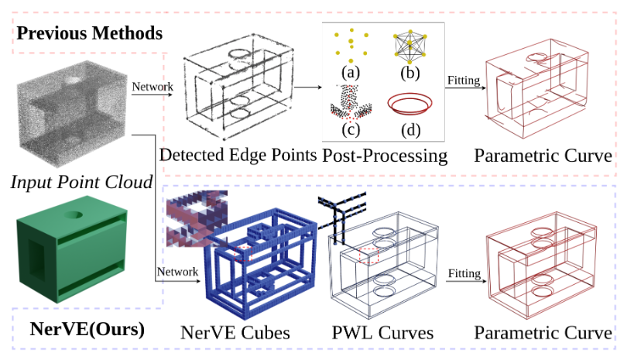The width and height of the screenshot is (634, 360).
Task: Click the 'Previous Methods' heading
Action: click(x=90, y=33)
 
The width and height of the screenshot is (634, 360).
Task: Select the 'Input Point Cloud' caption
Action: click(x=81, y=183)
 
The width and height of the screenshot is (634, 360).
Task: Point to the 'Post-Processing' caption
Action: click(x=385, y=155)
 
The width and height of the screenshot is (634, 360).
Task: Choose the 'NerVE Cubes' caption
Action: click(x=235, y=333)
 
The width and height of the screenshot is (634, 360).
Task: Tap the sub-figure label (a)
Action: click(x=351, y=73)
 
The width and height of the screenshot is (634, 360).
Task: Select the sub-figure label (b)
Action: click(x=407, y=73)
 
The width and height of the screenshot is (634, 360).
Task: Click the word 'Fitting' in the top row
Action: click(x=463, y=80)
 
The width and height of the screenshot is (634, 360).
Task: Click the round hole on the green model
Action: click(x=78, y=214)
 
